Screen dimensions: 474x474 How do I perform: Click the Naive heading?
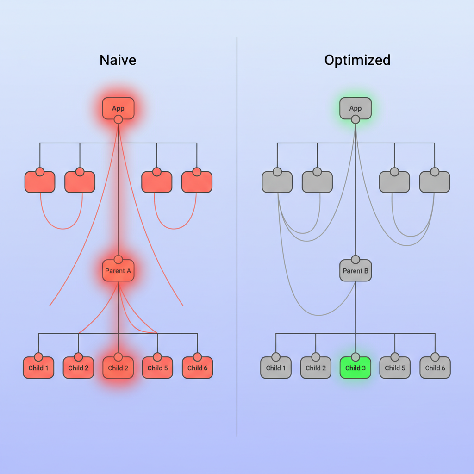click(118, 60)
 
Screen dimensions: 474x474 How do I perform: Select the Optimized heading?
click(357, 60)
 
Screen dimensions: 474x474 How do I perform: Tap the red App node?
click(118, 108)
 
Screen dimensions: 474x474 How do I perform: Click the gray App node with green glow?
click(355, 108)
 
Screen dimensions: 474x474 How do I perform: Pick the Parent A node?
click(118, 271)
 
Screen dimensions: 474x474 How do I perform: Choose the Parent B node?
click(355, 271)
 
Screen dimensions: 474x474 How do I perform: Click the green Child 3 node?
click(355, 368)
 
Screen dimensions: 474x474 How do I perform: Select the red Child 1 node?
click(38, 368)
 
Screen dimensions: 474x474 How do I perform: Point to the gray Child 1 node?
click(276, 368)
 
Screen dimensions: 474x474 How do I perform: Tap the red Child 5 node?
click(157, 368)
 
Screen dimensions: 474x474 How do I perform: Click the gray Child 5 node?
click(395, 368)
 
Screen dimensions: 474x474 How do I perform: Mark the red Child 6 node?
click(198, 368)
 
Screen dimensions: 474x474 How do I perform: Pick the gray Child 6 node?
click(435, 368)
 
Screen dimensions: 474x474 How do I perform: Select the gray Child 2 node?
click(316, 368)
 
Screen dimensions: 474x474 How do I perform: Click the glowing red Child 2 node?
click(118, 368)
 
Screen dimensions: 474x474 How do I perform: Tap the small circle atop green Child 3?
click(355, 357)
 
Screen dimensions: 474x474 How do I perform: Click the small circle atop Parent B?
click(355, 259)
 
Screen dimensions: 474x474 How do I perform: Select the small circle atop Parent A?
click(118, 259)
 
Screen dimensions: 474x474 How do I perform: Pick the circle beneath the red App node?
click(118, 119)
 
